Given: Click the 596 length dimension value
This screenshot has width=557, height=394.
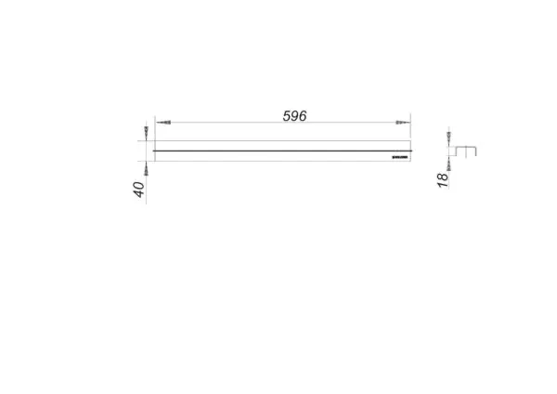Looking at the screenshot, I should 294,116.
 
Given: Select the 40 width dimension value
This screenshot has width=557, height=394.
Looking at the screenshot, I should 138,190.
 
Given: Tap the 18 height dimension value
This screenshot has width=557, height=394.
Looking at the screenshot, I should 443,179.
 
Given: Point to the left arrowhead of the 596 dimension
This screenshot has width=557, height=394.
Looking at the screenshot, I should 163,123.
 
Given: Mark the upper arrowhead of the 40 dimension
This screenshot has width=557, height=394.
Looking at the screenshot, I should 146,131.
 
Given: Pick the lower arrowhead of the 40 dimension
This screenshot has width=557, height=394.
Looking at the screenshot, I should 146,168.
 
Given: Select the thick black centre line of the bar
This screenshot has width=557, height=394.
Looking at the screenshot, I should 278,151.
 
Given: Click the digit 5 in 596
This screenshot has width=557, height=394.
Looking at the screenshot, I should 287,116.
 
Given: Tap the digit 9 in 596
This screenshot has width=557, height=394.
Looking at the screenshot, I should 294,116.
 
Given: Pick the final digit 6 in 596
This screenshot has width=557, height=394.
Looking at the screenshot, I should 303,116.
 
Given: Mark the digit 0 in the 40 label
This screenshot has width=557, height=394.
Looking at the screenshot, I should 138,186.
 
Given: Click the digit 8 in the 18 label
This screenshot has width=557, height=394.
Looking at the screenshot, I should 443,176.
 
